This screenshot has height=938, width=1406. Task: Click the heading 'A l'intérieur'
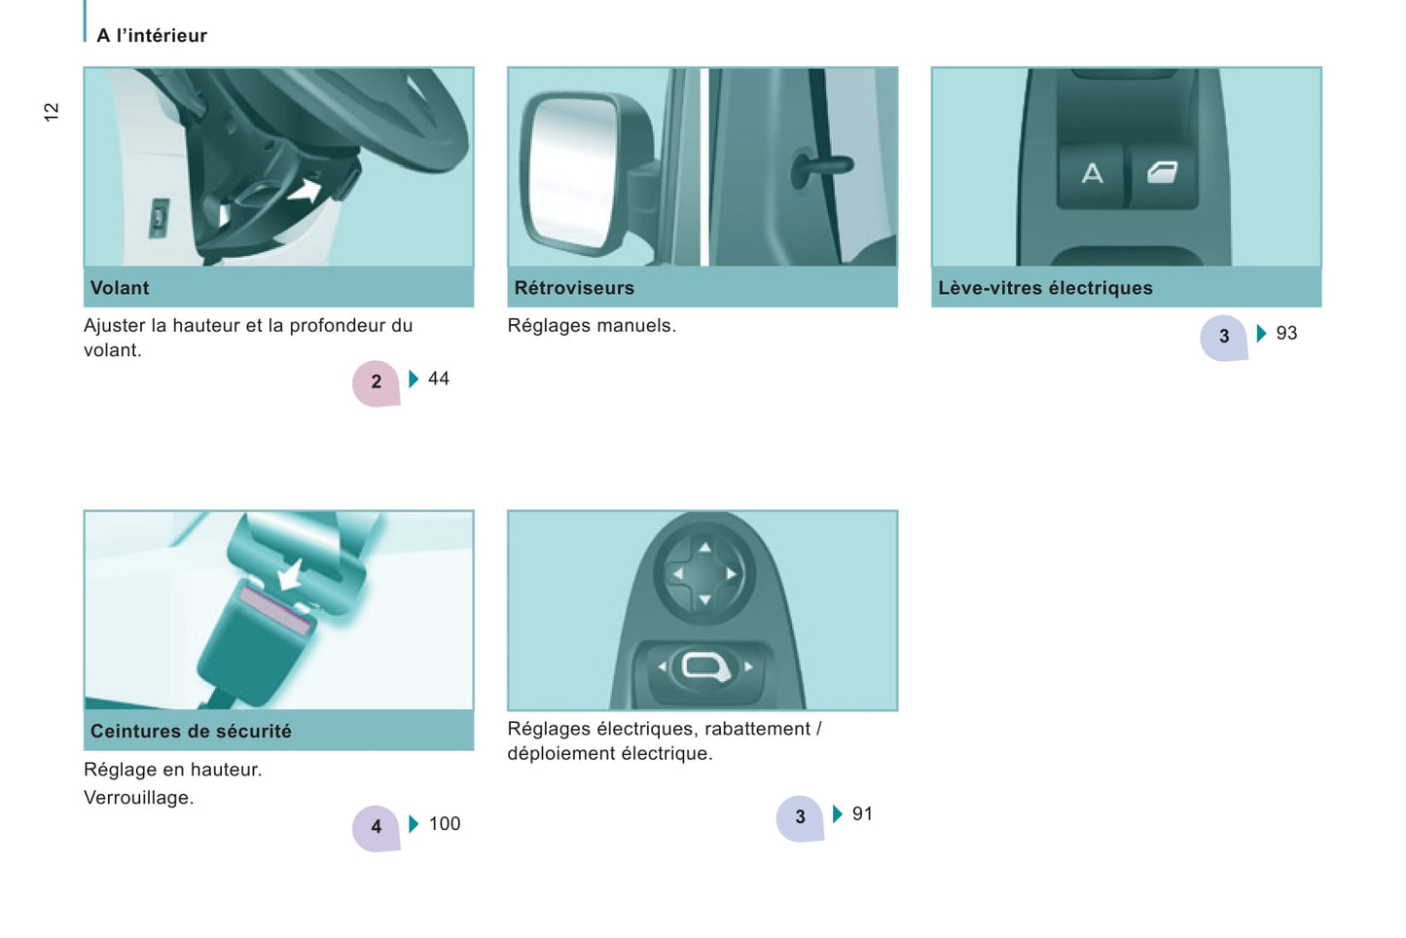[151, 35]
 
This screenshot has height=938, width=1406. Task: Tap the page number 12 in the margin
[51, 112]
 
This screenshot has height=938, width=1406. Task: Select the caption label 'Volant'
[120, 288]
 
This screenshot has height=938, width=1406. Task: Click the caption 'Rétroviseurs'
[574, 288]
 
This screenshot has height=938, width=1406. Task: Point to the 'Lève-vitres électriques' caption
[1045, 288]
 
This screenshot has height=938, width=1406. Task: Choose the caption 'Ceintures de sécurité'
[191, 731]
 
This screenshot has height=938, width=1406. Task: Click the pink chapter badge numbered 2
[376, 383]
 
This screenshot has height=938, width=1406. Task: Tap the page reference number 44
[439, 379]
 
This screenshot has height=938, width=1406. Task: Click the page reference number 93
[1286, 333]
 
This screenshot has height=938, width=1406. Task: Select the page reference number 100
[445, 823]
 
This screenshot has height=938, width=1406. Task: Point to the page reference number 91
[862, 813]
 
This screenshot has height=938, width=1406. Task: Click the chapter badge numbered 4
[376, 828]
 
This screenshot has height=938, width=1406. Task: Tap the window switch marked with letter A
[1092, 174]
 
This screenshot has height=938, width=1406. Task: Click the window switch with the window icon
[1163, 174]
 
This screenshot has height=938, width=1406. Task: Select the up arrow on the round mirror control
[704, 548]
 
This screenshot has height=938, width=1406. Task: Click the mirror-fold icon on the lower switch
[705, 667]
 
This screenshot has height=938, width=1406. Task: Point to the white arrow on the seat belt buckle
[291, 574]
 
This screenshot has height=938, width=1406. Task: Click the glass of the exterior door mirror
[570, 171]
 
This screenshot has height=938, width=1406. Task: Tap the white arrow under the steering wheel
[306, 190]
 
